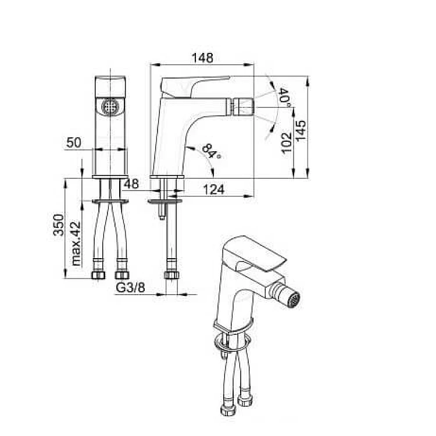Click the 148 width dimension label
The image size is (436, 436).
click(x=202, y=58)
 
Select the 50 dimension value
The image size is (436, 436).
click(x=74, y=142)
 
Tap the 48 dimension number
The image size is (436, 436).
click(x=131, y=184)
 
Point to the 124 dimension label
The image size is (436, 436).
click(x=213, y=190)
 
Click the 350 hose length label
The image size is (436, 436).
click(x=59, y=224)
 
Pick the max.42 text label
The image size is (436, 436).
click(x=76, y=244)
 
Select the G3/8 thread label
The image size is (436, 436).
click(x=130, y=288)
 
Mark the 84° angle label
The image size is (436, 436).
click(x=212, y=152)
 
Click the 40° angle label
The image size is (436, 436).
click(x=285, y=98)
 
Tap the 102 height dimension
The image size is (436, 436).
click(x=286, y=143)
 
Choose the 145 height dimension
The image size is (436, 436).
click(x=301, y=131)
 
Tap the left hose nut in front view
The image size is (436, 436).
click(x=98, y=275)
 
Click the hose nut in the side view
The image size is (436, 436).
click(x=171, y=275)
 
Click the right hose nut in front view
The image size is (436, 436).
click(x=122, y=275)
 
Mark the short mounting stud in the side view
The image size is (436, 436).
click(x=162, y=212)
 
